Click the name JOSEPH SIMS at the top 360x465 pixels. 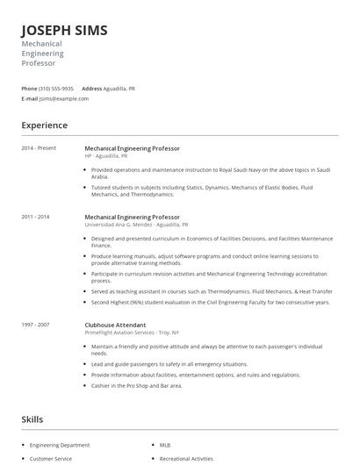coord(65,31)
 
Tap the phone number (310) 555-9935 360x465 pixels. coord(56,89)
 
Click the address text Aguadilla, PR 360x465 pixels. coord(119,89)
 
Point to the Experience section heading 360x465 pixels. coord(44,125)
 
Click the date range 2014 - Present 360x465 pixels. coord(38,148)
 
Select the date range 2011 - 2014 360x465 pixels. coord(36,216)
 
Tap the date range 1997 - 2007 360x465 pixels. coord(36,324)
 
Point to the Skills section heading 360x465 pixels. coord(32,419)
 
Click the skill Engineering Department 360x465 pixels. coord(59,445)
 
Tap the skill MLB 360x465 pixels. coord(165,445)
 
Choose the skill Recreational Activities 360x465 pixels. coord(186,458)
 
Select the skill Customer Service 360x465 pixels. coord(51,458)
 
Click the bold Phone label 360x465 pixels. coord(29,89)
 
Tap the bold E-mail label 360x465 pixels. coord(30,98)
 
